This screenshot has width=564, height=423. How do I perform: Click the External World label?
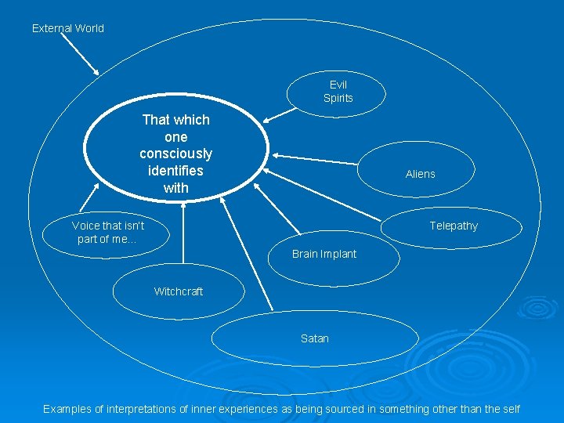pyautogui.click(x=67, y=28)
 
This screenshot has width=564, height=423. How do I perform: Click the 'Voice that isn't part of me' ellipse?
pyautogui.click(x=108, y=232)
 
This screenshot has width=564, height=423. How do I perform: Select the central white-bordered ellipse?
pyautogui.click(x=175, y=154)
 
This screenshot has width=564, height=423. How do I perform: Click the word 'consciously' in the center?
pyautogui.click(x=175, y=154)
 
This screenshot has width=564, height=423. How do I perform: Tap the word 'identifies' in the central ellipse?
pyautogui.click(x=175, y=171)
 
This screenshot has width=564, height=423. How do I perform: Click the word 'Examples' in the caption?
pyautogui.click(x=68, y=409)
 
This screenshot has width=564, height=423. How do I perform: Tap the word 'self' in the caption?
pyautogui.click(x=511, y=409)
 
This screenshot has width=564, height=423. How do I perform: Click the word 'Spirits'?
pyautogui.click(x=338, y=99)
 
